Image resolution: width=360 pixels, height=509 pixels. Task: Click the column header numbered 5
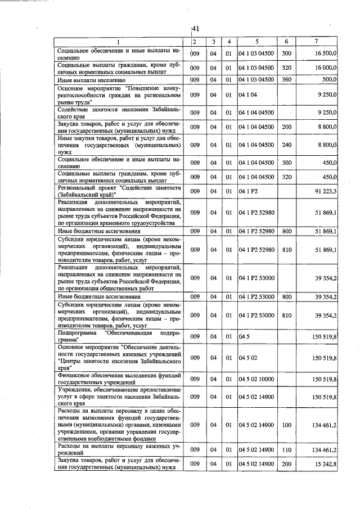256,42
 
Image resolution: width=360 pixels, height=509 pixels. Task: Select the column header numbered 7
317,42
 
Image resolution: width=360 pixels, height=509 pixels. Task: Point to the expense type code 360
286,80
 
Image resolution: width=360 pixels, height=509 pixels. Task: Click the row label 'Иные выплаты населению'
91,80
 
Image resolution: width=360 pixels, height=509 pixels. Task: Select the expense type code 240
286,145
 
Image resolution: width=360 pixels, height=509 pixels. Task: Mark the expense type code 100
286,425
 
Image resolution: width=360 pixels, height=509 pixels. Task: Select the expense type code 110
286,449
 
